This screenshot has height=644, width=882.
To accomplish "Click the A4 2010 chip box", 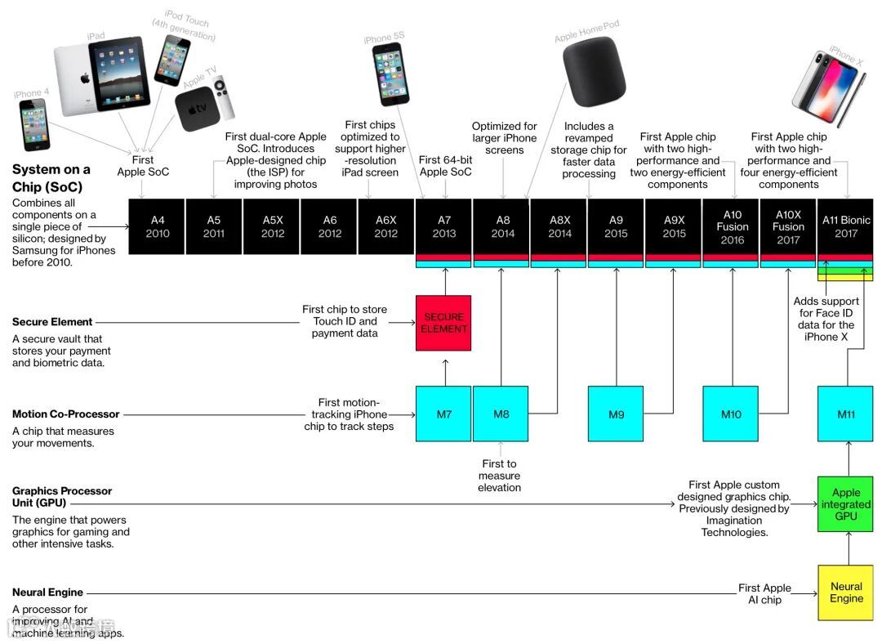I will click(x=158, y=226).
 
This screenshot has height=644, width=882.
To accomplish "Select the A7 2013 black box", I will click(x=444, y=226).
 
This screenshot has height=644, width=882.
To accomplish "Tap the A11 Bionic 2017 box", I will click(x=845, y=226).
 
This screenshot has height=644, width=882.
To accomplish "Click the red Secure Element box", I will click(x=443, y=323).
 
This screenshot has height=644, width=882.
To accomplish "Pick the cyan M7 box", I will click(x=443, y=414).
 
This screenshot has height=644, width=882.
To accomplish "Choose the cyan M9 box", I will click(x=616, y=414).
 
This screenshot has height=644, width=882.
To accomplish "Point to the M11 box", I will click(x=845, y=414).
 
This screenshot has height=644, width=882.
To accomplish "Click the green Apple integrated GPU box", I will click(x=845, y=504).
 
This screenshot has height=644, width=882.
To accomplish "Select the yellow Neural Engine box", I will click(x=845, y=593).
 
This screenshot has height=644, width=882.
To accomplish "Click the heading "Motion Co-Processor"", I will click(x=66, y=414).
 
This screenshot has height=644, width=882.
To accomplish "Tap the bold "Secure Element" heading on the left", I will click(x=52, y=322).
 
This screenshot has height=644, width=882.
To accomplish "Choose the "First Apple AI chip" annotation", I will click(x=764, y=593).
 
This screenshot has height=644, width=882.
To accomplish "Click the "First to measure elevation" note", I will click(x=499, y=476).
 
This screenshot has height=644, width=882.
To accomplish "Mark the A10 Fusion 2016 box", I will click(x=732, y=226).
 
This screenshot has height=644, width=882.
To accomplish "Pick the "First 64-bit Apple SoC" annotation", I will click(x=445, y=166).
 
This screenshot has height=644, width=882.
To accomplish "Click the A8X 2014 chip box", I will click(x=559, y=226).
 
